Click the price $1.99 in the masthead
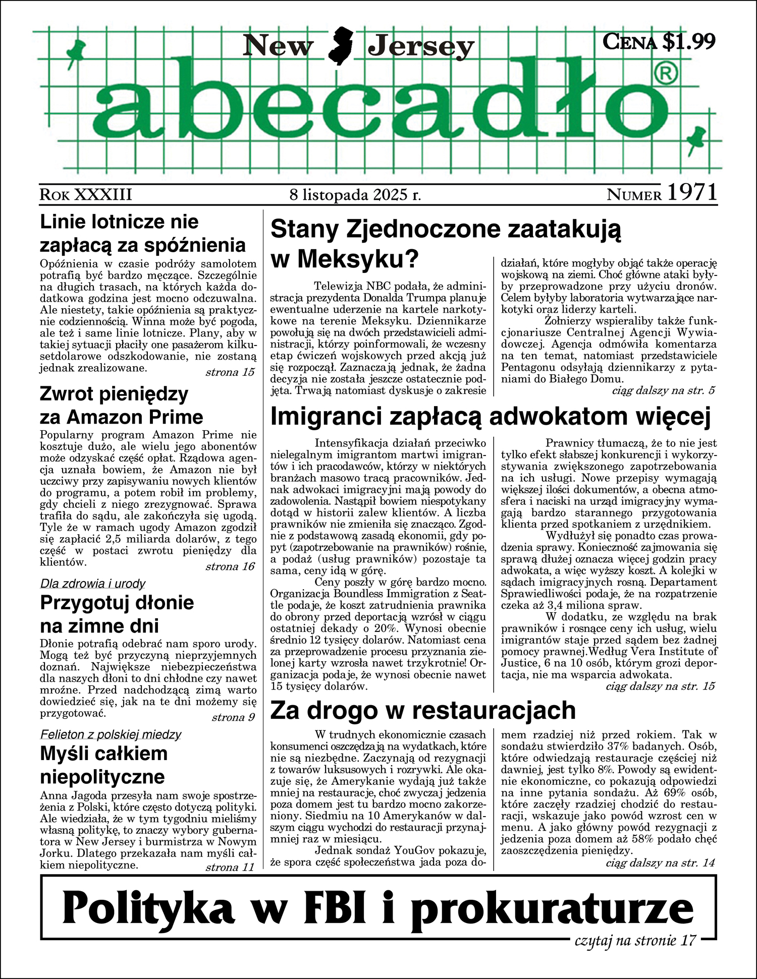(689, 41)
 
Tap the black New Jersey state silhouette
(340, 45)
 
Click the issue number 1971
(692, 193)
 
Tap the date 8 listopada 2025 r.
(355, 195)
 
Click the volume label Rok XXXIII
(86, 195)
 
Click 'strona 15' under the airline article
(230, 373)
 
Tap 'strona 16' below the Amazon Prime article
(230, 566)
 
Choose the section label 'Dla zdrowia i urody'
(93, 584)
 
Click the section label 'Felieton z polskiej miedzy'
(111, 734)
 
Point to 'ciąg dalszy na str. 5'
(663, 390)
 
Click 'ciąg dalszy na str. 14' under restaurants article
(660, 863)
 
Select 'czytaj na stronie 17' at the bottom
(635, 940)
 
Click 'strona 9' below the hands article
(233, 717)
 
